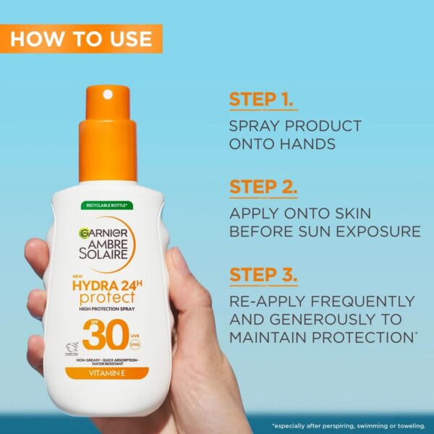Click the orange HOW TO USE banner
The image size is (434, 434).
81,38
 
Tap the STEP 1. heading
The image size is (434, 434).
261,99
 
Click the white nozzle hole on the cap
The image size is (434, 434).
108,94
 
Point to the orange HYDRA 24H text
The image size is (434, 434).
108,284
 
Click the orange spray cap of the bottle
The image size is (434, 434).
109,137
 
